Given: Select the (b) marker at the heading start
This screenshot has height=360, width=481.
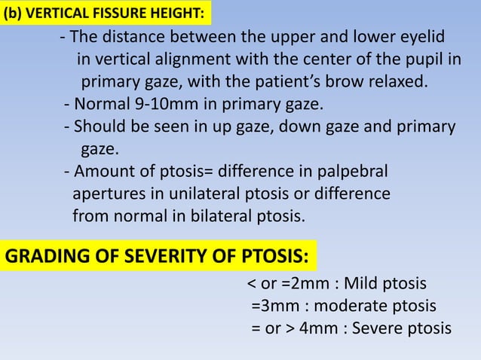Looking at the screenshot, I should point(14,12).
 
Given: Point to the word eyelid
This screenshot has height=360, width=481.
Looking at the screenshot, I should point(420,38).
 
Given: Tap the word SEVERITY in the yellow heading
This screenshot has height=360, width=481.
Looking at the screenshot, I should point(135,258).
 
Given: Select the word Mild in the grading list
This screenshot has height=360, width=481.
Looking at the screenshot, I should point(368,285).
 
